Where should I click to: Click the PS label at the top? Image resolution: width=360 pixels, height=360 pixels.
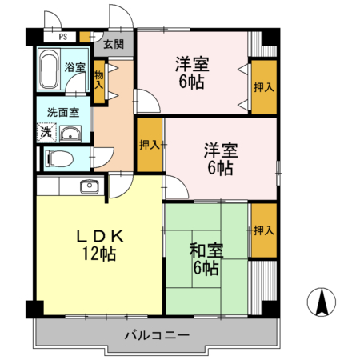(61, 37)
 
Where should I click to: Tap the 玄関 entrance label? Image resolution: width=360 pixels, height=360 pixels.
(114, 45)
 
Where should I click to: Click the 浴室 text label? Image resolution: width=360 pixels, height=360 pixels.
(75, 68)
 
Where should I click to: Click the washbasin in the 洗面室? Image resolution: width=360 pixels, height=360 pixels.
(70, 134)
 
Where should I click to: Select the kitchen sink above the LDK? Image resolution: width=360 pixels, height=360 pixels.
(89, 187)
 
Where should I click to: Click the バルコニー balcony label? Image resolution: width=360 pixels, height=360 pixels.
(156, 334)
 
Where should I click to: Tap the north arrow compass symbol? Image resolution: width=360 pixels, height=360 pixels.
(322, 302)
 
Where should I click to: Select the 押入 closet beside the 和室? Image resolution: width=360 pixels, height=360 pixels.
(263, 230)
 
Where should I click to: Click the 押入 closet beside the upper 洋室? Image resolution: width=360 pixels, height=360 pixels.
(263, 86)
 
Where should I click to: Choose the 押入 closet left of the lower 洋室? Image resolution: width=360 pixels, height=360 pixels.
(149, 145)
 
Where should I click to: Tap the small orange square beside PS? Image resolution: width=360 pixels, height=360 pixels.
(86, 36)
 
